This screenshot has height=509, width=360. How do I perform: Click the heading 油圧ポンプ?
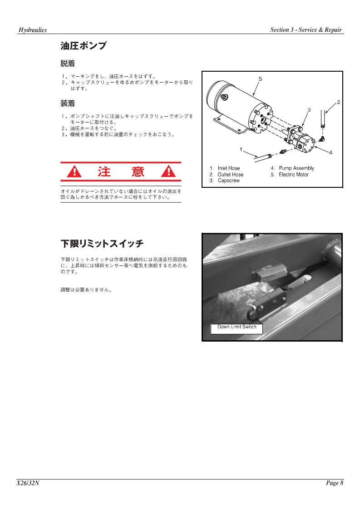pyautogui.click(x=84, y=46)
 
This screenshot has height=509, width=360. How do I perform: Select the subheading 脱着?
pyautogui.click(x=68, y=64)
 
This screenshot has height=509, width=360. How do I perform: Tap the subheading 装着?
pyautogui.click(x=68, y=103)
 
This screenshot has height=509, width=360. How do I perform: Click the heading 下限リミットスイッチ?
pyautogui.click(x=102, y=244)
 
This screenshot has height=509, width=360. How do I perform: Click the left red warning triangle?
pyautogui.click(x=74, y=171)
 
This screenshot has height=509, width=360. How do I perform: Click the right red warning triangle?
pyautogui.click(x=168, y=171)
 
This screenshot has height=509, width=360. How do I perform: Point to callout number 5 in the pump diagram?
pyautogui.click(x=260, y=78)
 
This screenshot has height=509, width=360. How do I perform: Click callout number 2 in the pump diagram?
pyautogui.click(x=338, y=102)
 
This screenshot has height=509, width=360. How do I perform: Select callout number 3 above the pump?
pyautogui.click(x=309, y=110)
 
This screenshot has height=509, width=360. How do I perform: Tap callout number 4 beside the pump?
pyautogui.click(x=330, y=152)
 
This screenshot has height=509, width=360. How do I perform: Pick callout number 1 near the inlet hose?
pyautogui.click(x=241, y=149)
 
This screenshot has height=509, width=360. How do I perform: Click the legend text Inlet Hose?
pyautogui.click(x=229, y=168)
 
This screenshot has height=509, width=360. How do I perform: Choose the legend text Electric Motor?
pyautogui.click(x=294, y=174)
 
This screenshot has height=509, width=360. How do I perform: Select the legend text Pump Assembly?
pyautogui.click(x=296, y=168)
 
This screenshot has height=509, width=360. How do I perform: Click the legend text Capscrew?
pyautogui.click(x=228, y=181)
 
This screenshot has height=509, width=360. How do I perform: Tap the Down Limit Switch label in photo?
pyautogui.click(x=237, y=327)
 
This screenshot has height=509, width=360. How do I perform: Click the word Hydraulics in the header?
pyautogui.click(x=33, y=30)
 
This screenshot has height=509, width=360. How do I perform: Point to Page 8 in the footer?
pyautogui.click(x=335, y=483)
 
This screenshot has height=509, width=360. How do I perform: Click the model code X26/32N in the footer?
pyautogui.click(x=28, y=483)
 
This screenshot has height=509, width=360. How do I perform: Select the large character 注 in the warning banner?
pyautogui.click(x=104, y=171)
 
